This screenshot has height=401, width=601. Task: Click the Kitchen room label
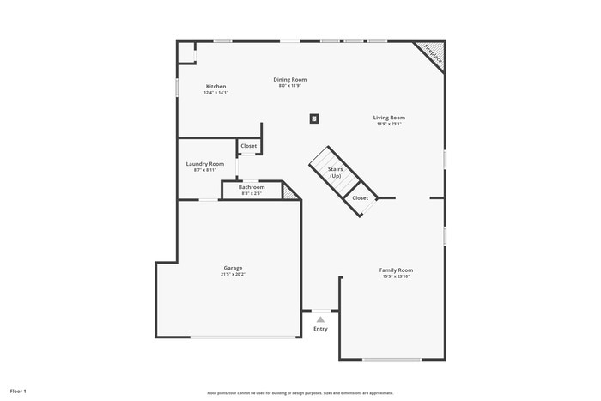pos(216,87)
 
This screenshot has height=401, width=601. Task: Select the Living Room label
pos(389,118)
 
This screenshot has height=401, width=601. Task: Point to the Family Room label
pos(396,270)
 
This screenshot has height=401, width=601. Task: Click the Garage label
pos(233,269)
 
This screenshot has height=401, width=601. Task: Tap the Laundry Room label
pos(205,164)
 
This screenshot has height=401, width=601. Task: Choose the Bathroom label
pos(252,187)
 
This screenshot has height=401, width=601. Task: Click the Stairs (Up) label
pos(335,173)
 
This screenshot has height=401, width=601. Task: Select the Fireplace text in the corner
pos(429,55)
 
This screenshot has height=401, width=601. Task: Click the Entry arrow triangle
pos(320,319)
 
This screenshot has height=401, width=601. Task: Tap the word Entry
pos(320,329)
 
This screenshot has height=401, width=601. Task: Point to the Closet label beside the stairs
pos(361,198)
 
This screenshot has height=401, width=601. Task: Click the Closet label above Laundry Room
pos(248,146)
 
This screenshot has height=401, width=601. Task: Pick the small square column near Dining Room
pos(314,118)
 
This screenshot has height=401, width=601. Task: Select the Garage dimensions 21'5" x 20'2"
pos(233,275)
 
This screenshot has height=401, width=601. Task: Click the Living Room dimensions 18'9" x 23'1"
pos(389,124)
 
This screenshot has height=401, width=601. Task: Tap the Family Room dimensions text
pos(396,276)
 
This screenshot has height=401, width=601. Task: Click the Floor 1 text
pos(18,392)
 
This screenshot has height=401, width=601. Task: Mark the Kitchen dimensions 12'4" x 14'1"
pos(216,93)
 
